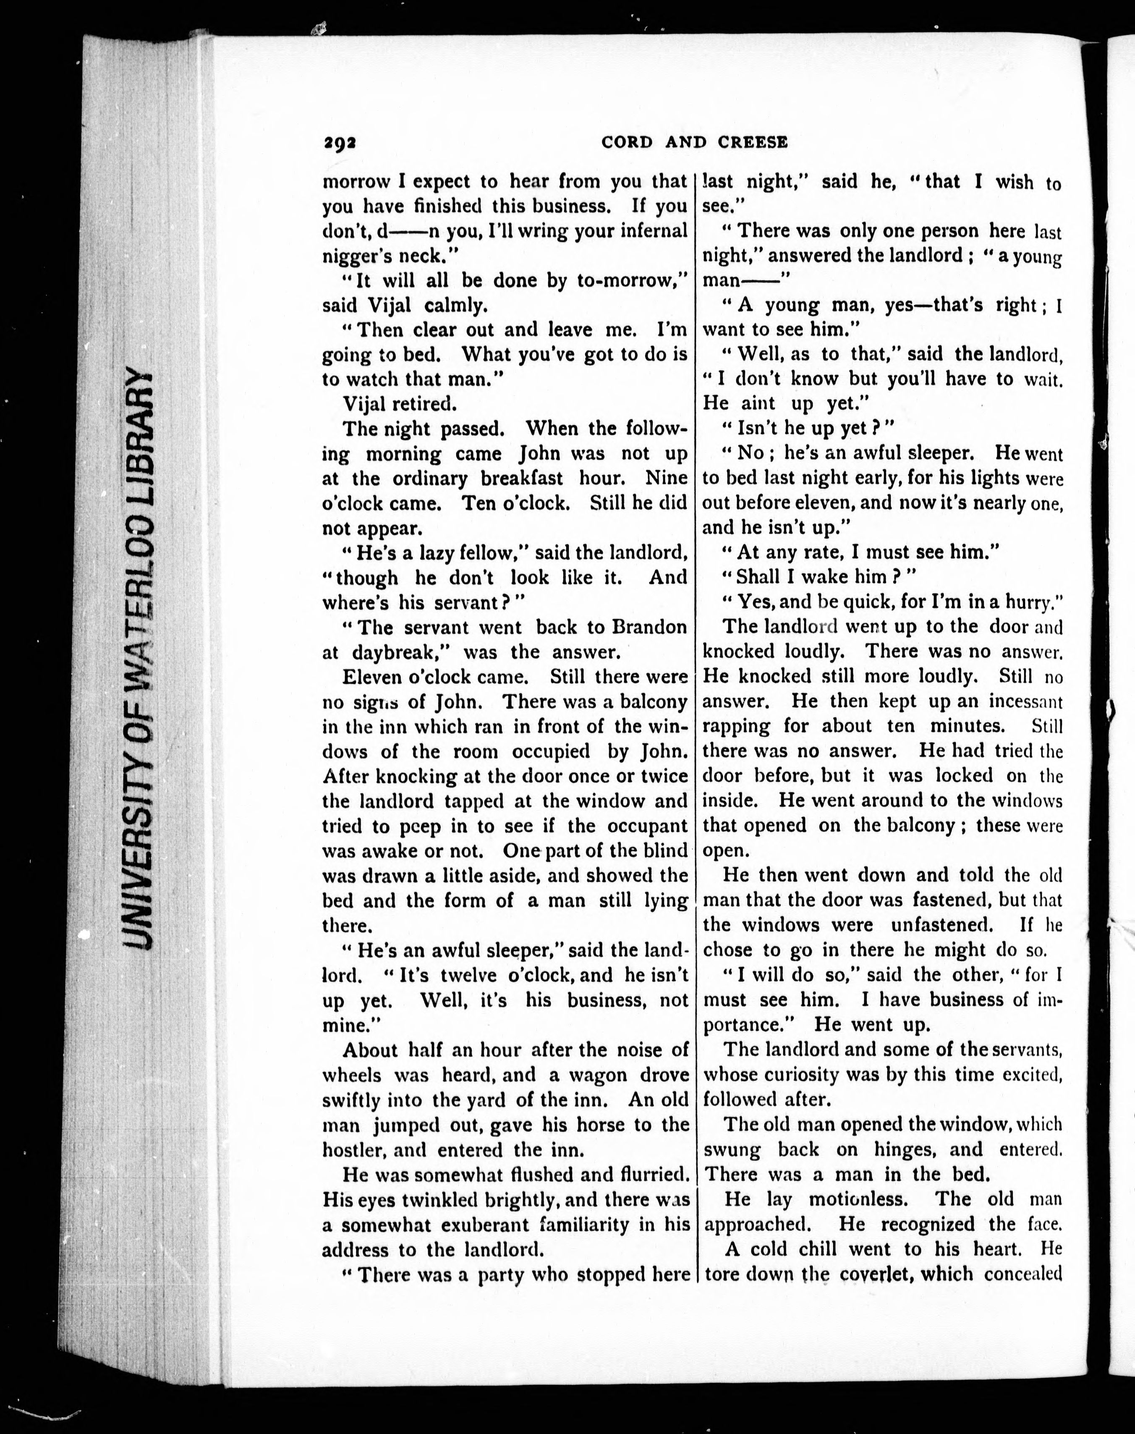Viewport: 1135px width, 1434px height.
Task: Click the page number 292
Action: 340,142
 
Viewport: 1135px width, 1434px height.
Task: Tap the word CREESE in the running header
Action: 753,142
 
